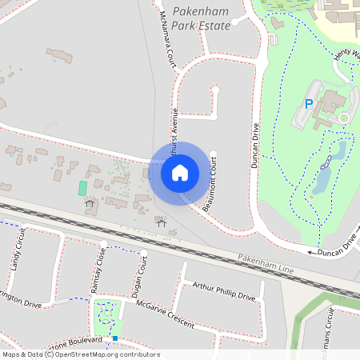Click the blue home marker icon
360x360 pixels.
180,172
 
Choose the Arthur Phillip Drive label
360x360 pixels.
223,290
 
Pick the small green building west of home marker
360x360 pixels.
82,187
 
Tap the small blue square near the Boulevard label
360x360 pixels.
115,338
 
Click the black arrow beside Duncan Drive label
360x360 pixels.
311,252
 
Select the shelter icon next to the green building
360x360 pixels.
90,202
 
